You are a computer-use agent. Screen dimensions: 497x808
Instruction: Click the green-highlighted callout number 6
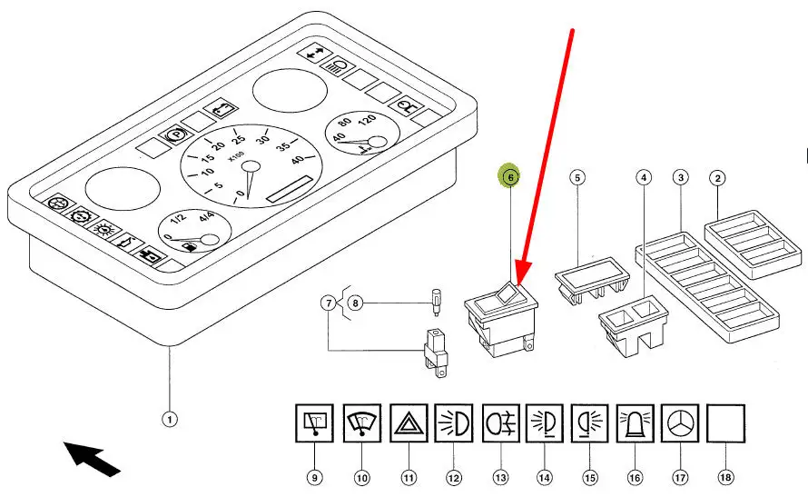[x=510, y=178]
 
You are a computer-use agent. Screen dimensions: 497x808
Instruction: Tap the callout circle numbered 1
[x=169, y=419]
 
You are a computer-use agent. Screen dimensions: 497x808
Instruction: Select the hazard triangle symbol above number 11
[x=409, y=423]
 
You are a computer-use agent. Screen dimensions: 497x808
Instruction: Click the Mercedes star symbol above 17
[x=680, y=423]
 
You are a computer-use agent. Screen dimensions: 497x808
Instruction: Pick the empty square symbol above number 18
[x=725, y=423]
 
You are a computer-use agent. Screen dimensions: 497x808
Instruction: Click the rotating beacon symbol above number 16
[x=635, y=423]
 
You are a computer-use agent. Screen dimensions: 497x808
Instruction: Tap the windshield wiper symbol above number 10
[x=362, y=423]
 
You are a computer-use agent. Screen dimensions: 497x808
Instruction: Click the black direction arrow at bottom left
[x=93, y=457]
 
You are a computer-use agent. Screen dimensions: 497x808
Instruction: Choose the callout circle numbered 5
[x=576, y=178]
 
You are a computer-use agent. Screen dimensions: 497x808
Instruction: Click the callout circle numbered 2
[x=717, y=178]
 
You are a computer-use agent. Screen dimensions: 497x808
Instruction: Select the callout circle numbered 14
[x=545, y=477]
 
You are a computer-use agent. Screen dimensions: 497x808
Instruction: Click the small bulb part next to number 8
[x=438, y=300]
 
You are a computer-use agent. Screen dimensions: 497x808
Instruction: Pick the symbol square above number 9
[x=317, y=423]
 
